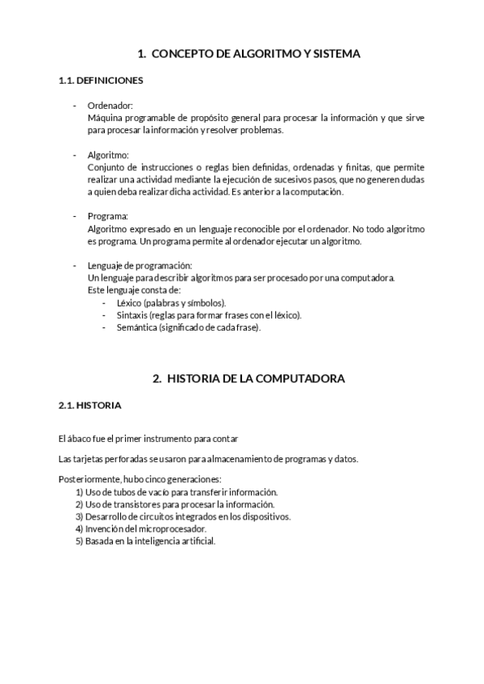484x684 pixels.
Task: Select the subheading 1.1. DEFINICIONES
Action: point(101,81)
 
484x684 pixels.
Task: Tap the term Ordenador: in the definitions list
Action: point(110,106)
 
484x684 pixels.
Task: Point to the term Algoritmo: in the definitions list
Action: point(108,155)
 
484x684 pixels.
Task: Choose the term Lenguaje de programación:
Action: point(140,266)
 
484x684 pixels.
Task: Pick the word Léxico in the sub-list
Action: point(130,303)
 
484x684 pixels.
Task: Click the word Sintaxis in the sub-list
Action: point(132,315)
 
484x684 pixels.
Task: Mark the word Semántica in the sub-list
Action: point(136,328)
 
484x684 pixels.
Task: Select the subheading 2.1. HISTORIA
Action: point(90,405)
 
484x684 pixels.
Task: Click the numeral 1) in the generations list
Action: point(79,492)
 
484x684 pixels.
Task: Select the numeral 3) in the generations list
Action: point(79,516)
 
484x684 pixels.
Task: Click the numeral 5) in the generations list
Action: point(79,541)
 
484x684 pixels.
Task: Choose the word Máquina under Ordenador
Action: point(105,118)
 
